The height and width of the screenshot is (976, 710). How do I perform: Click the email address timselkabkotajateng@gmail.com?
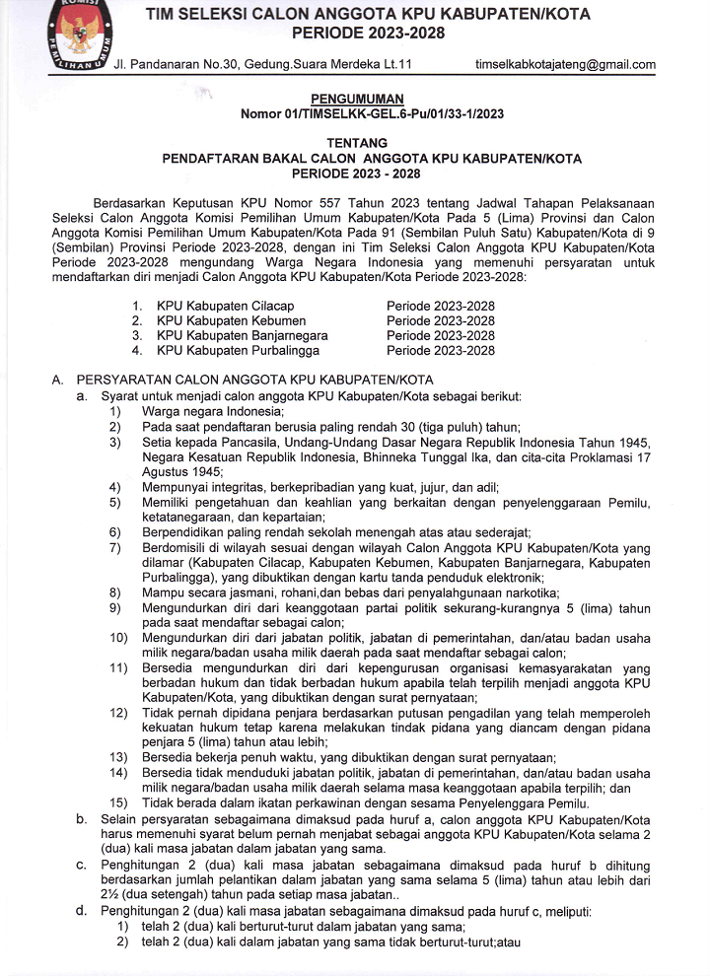(565, 65)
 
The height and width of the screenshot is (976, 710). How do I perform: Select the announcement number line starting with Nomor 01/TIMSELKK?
(372, 114)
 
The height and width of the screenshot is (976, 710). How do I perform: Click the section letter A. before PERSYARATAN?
(57, 381)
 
